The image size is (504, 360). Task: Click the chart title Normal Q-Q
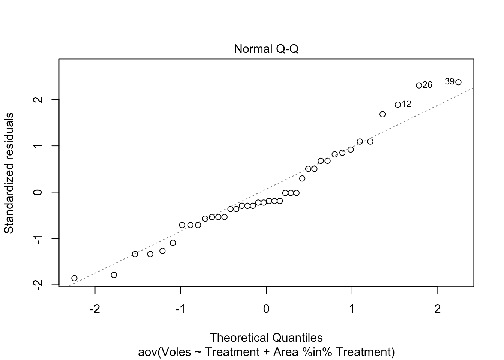(266, 49)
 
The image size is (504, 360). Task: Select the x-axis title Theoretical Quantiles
(266, 337)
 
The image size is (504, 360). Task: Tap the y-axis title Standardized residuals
(9, 173)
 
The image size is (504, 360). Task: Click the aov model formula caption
(266, 352)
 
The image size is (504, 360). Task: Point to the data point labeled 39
(458, 82)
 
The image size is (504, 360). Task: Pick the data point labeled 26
(419, 85)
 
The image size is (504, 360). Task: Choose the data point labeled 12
(397, 105)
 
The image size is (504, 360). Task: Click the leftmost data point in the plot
(74, 278)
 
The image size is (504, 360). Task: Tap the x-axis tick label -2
(95, 309)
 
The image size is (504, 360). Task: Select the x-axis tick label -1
(180, 309)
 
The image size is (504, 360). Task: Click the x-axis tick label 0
(266, 309)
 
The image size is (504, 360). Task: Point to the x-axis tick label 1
(352, 309)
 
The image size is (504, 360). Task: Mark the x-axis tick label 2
(438, 309)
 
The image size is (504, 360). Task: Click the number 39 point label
(450, 81)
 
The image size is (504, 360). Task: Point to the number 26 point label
(427, 85)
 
